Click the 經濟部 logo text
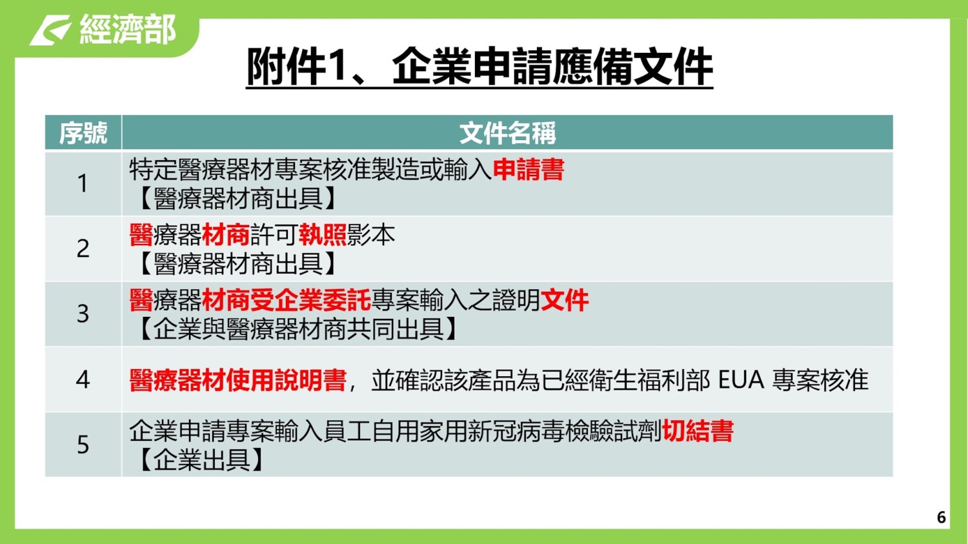click(128, 29)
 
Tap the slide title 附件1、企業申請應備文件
click(479, 67)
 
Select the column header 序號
click(83, 133)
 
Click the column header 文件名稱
click(507, 133)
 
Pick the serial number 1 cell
click(83, 183)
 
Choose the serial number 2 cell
click(83, 249)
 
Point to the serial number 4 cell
click(83, 379)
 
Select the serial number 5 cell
click(83, 445)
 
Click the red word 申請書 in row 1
click(529, 169)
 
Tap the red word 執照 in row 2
click(323, 235)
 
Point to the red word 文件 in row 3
click(565, 300)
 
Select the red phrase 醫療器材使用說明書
click(238, 380)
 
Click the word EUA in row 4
click(741, 380)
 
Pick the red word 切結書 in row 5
click(698, 431)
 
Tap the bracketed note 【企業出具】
click(202, 459)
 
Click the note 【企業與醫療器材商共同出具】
click(298, 329)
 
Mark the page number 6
click(942, 517)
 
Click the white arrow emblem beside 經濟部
click(50, 30)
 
